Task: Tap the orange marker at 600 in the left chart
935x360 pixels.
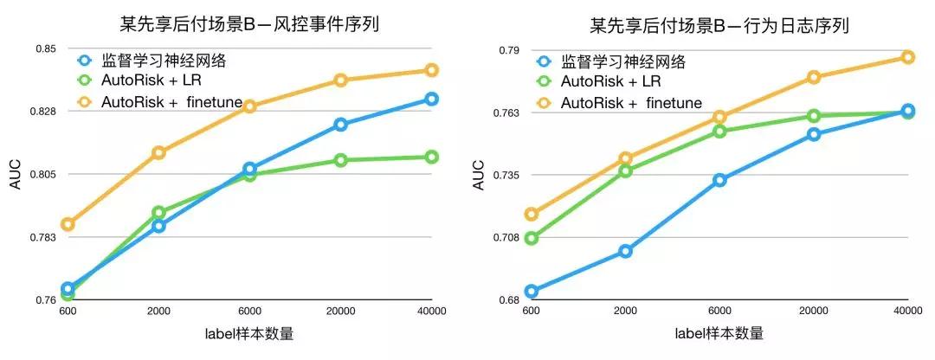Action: [68, 224]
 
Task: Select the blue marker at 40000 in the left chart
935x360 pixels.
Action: [431, 99]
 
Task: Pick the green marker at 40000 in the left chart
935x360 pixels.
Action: [431, 157]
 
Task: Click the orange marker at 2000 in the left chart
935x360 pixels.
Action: [158, 152]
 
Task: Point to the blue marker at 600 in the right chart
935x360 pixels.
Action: [532, 292]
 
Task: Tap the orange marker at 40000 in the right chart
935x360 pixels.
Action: [907, 57]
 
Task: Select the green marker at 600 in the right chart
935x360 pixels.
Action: [532, 238]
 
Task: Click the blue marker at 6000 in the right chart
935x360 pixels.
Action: [719, 180]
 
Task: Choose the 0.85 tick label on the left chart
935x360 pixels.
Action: [46, 48]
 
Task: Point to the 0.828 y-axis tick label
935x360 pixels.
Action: [42, 112]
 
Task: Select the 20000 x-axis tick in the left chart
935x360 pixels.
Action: [340, 311]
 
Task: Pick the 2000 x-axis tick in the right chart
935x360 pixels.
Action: [625, 311]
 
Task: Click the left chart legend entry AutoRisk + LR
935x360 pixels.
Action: [151, 81]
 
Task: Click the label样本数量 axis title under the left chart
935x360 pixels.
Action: [249, 334]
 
